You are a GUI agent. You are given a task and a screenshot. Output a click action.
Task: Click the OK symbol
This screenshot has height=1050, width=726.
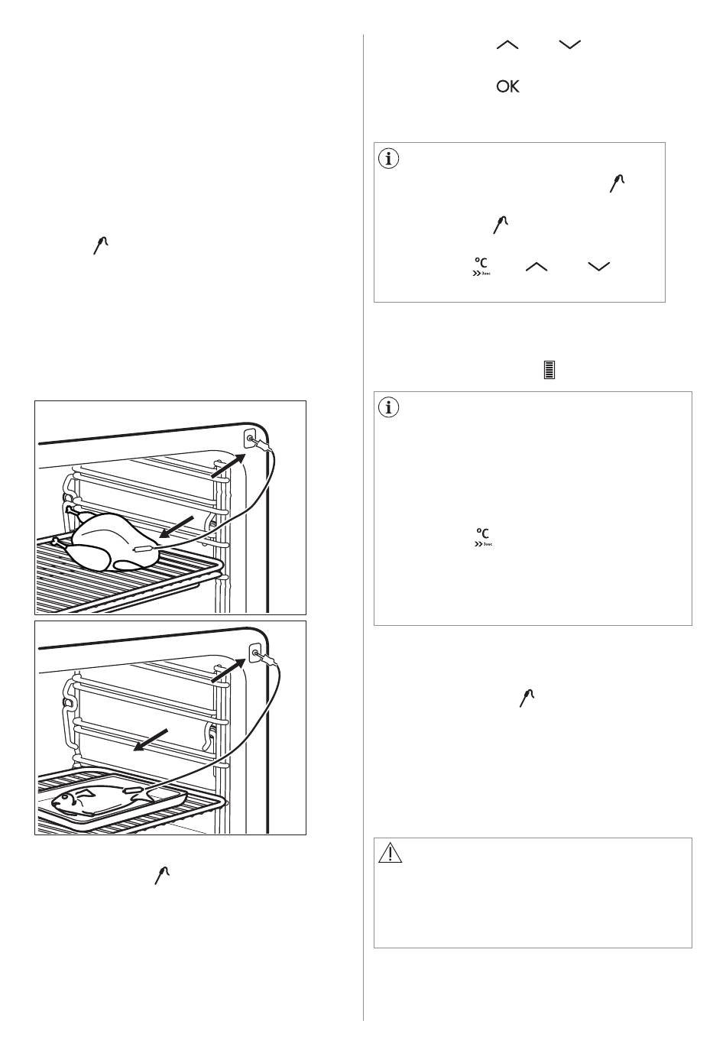(x=507, y=87)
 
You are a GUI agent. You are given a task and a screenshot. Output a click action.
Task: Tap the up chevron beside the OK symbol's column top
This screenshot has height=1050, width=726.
(x=507, y=46)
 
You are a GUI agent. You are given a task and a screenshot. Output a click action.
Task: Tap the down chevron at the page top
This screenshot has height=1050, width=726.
(x=570, y=46)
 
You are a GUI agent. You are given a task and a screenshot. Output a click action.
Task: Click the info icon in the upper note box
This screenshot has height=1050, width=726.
(x=390, y=159)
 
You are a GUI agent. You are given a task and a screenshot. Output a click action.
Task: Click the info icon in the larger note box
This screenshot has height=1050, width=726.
(x=390, y=408)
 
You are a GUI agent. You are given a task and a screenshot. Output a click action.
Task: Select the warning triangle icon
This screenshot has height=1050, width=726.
(x=390, y=854)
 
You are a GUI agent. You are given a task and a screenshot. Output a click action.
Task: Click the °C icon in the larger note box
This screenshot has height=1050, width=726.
(x=481, y=536)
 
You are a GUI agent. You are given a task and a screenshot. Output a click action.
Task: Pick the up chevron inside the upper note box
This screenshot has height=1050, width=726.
(x=537, y=266)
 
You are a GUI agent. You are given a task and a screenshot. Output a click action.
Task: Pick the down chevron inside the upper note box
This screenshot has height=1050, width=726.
(x=600, y=266)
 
